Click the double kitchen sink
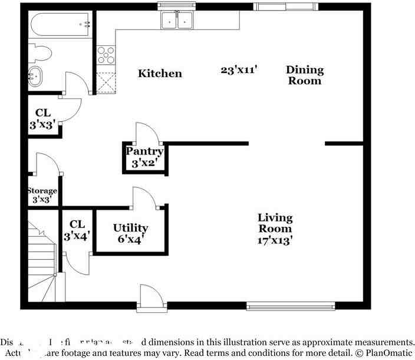click(x=177, y=21)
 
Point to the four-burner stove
click(x=106, y=55)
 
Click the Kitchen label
click(x=160, y=74)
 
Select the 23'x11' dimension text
click(x=239, y=70)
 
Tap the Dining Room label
click(x=305, y=75)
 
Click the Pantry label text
click(x=144, y=151)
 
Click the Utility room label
click(x=130, y=228)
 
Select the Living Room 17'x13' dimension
click(x=275, y=240)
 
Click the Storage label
click(x=42, y=191)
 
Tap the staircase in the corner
click(x=41, y=259)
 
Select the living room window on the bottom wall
click(x=291, y=305)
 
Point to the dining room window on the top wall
click(x=285, y=6)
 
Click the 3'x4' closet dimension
click(x=77, y=236)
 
